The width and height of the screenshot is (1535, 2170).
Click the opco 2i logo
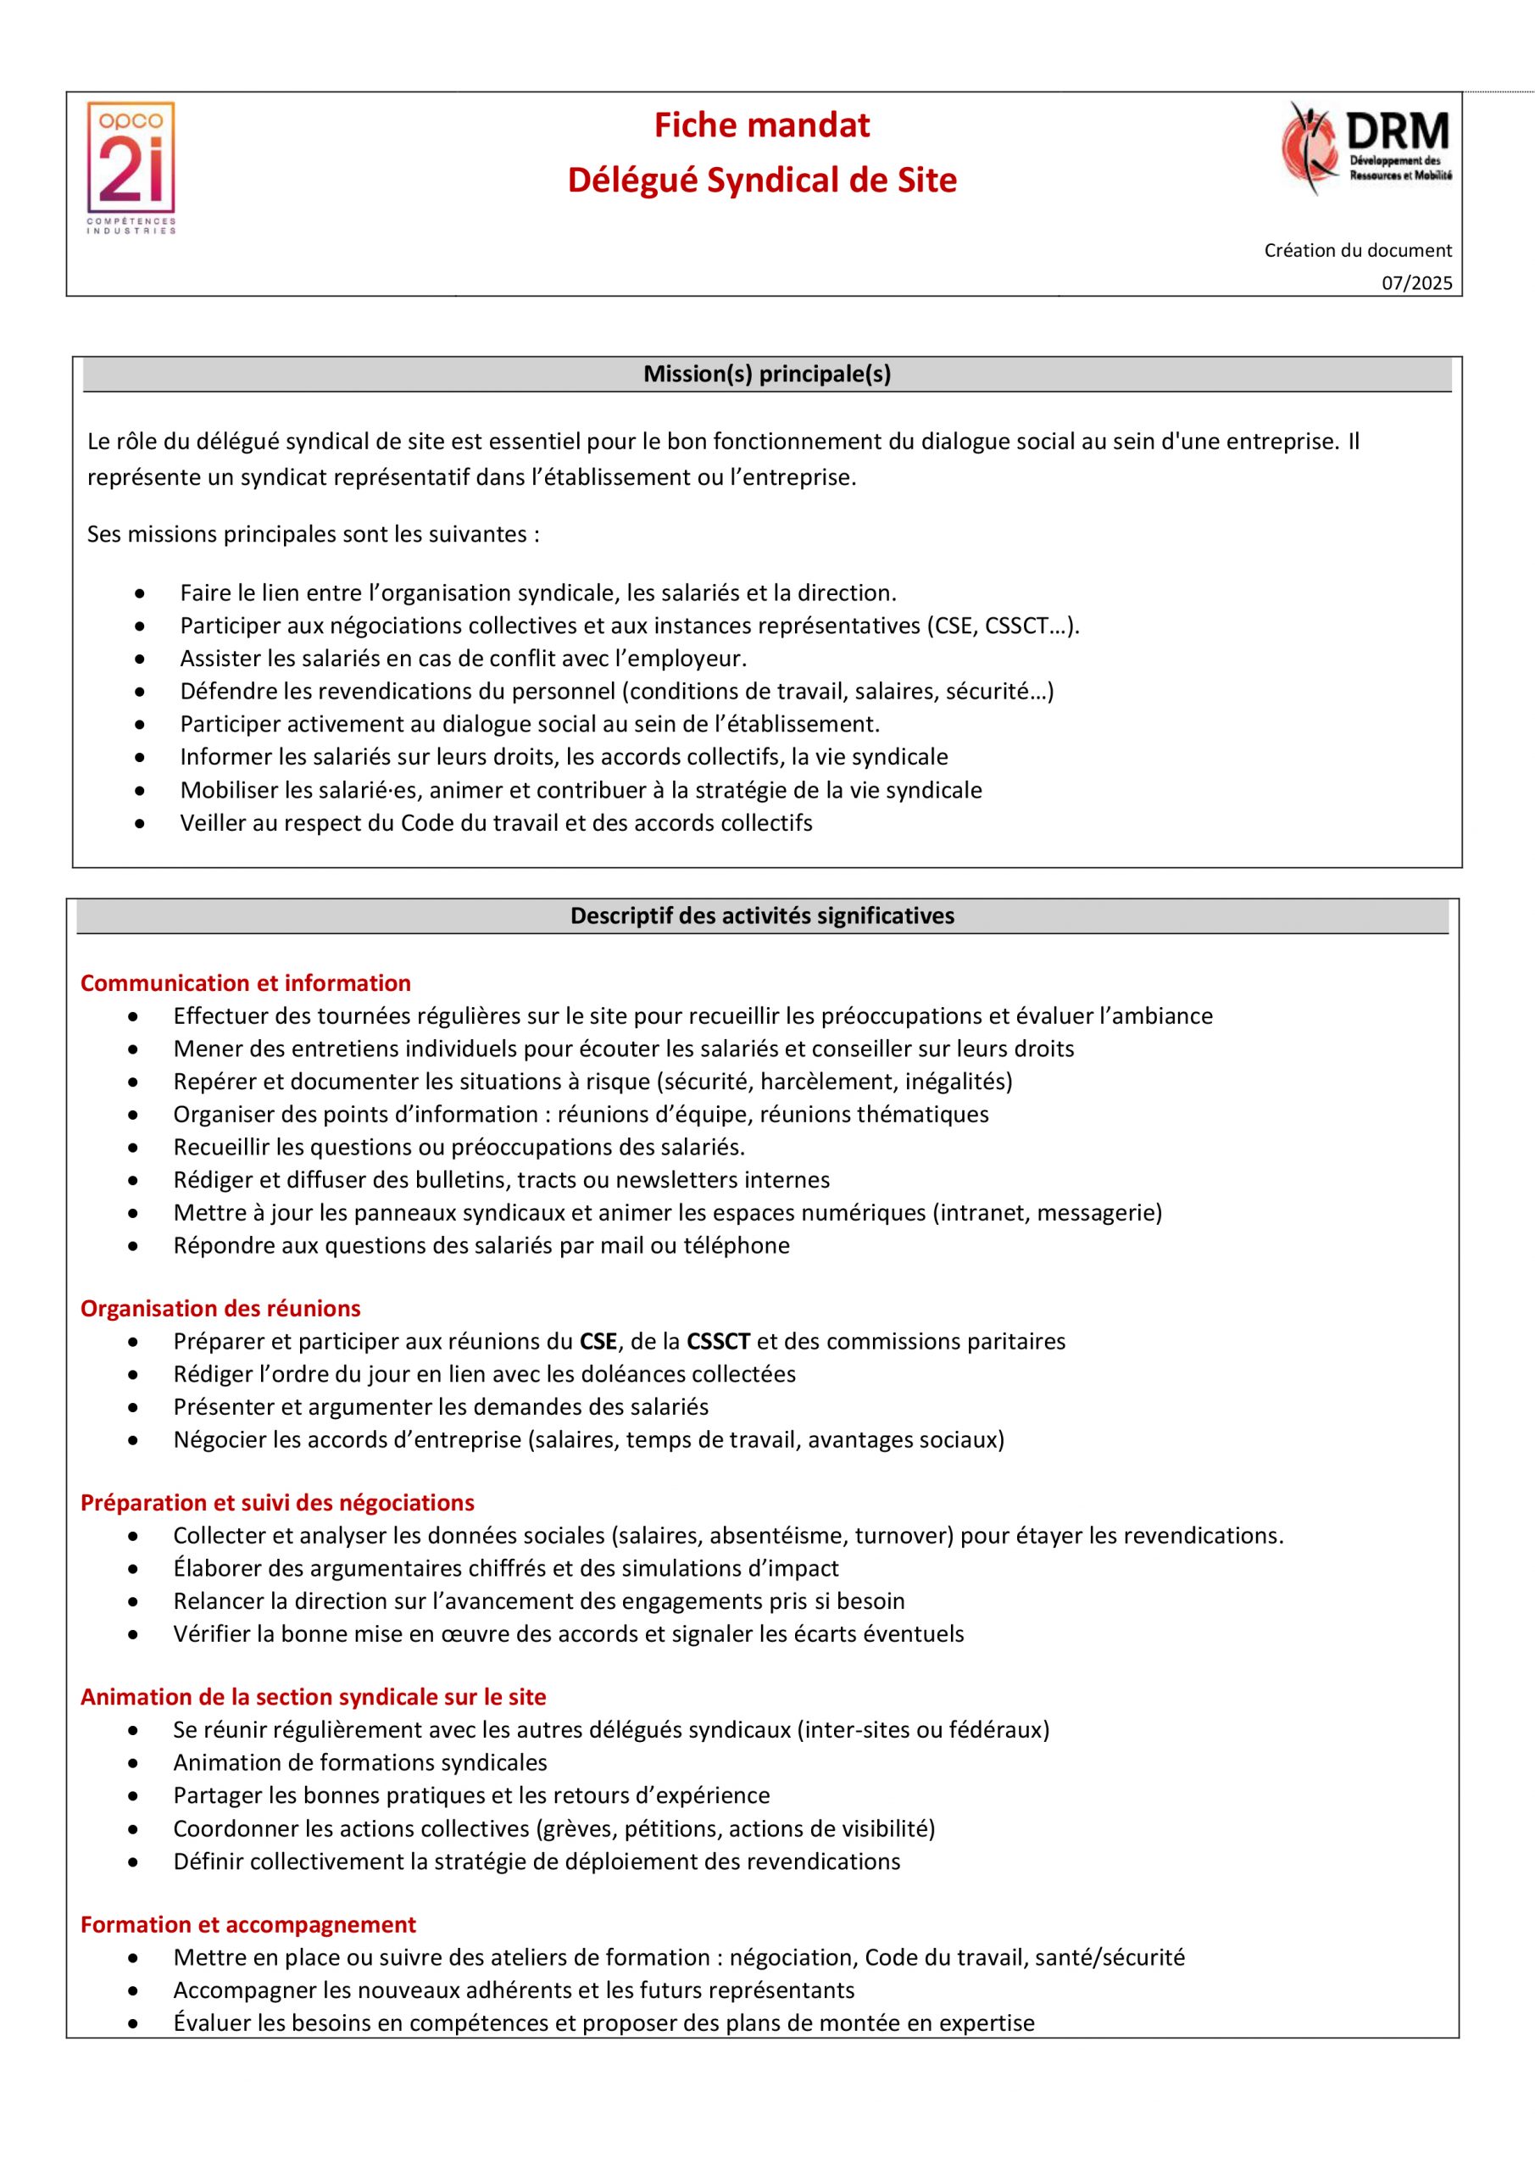(131, 167)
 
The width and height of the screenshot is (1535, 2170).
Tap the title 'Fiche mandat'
(762, 125)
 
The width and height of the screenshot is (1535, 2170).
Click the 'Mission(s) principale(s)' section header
(766, 375)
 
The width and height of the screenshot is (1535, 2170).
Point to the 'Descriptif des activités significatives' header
(762, 915)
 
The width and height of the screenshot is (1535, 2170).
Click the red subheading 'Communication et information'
(246, 983)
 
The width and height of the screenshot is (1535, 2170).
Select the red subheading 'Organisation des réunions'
(220, 1308)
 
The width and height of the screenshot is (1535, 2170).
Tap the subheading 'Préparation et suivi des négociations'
(277, 1503)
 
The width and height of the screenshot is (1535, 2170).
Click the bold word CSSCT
(719, 1341)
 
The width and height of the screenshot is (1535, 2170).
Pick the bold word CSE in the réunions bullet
(598, 1341)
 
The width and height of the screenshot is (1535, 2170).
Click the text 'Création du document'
(1357, 250)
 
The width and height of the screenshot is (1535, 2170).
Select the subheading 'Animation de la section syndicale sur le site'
(313, 1696)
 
